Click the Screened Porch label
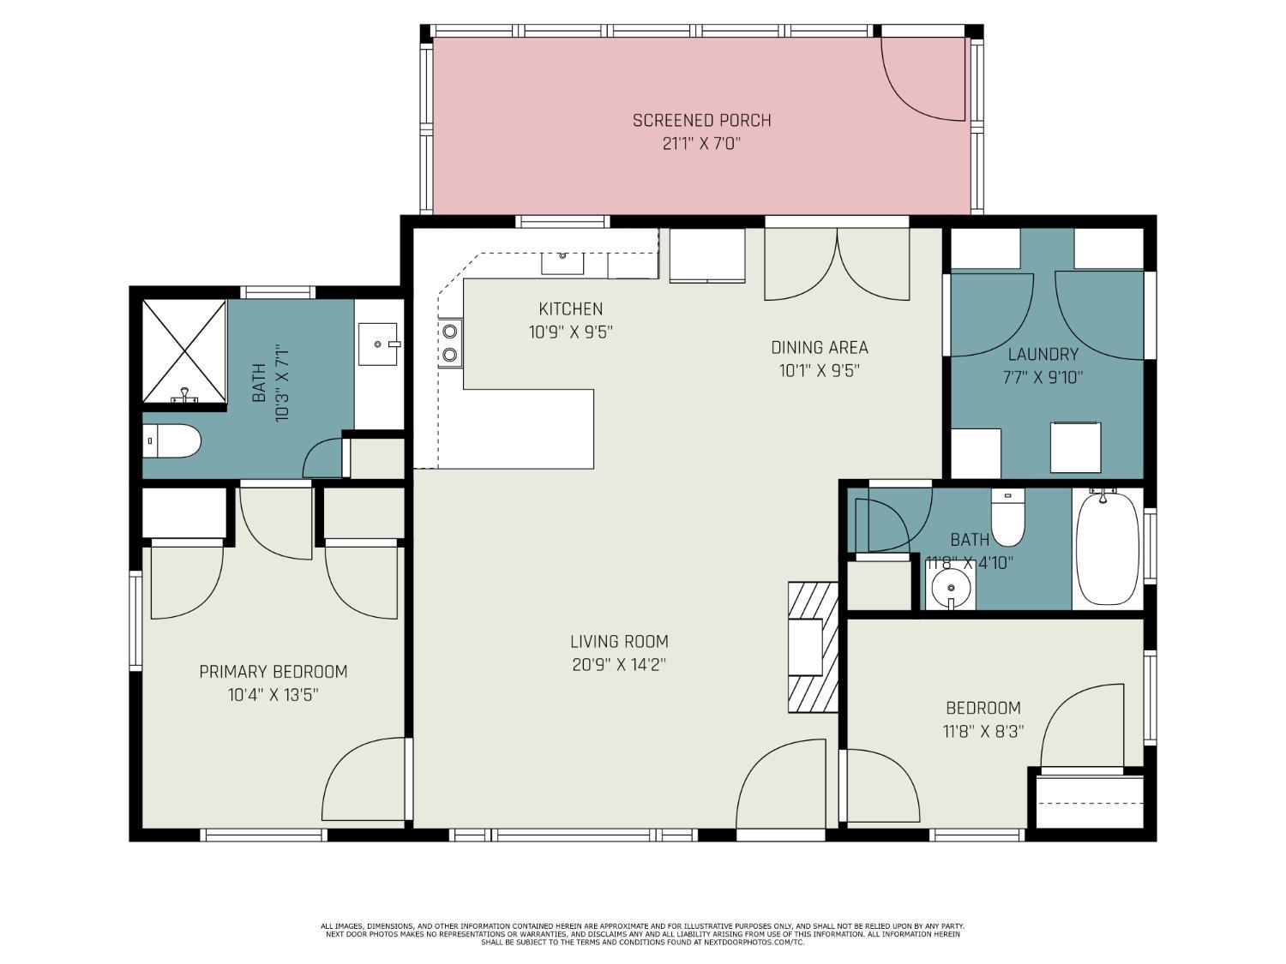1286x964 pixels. tap(701, 121)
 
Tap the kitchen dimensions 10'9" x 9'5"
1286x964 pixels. tap(570, 332)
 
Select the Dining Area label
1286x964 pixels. tap(819, 348)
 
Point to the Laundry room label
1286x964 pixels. tap(1043, 354)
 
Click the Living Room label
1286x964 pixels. tap(619, 642)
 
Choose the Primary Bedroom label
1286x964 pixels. tap(273, 671)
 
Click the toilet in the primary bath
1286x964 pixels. tap(171, 440)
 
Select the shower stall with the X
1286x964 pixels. tap(184, 351)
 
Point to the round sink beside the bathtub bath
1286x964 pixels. tap(950, 588)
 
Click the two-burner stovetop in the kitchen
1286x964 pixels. tap(450, 343)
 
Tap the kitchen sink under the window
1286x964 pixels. tap(562, 263)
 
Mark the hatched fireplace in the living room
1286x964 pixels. tap(813, 647)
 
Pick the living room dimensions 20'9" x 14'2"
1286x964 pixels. tap(619, 666)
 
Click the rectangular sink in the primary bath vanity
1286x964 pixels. tap(378, 344)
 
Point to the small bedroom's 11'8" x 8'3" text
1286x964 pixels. tap(983, 732)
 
